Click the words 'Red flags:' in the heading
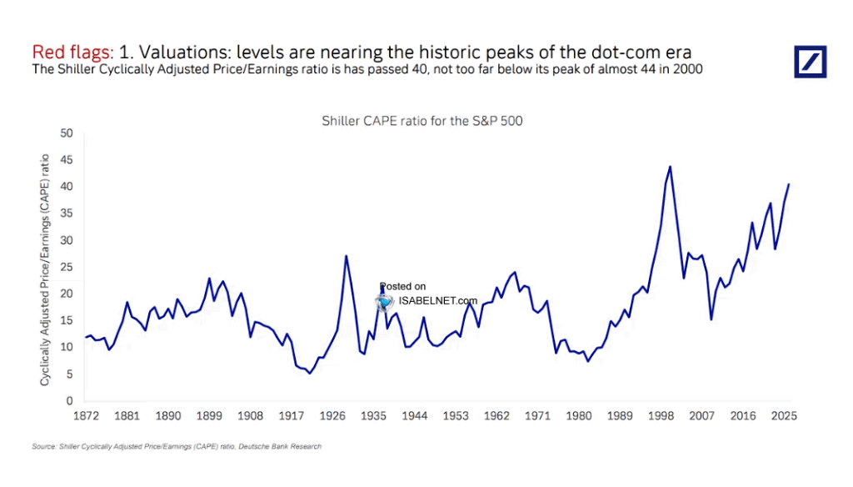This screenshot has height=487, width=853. [72, 51]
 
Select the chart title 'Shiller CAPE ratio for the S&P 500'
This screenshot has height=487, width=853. [422, 121]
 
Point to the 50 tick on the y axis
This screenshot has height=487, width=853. [67, 133]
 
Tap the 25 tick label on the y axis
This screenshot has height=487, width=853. [67, 268]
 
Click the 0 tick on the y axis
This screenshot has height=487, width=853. [71, 402]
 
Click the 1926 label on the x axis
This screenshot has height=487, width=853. [333, 415]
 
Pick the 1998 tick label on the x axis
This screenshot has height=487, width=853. [664, 415]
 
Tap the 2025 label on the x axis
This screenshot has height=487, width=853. [785, 415]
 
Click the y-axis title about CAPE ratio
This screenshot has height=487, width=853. [45, 269]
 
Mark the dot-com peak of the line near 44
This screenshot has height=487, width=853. [670, 167]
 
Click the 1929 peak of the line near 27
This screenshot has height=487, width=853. [346, 256]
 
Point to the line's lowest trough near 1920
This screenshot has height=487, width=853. [310, 373]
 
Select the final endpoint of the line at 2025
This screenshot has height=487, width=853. [789, 184]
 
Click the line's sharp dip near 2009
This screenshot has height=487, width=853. [711, 319]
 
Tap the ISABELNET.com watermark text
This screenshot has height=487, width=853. [439, 301]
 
